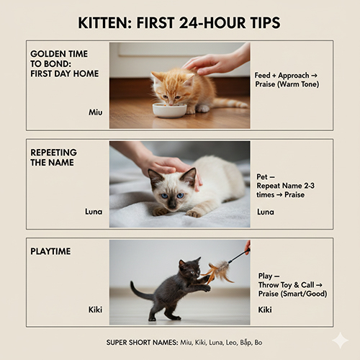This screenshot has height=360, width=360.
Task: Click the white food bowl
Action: [x=170, y=110]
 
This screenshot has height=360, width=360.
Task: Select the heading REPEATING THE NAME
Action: [x=53, y=158]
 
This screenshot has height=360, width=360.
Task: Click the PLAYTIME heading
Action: [x=50, y=251]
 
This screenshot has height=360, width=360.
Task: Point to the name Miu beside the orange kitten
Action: [x=96, y=112]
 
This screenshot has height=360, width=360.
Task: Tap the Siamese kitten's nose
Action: [x=172, y=205]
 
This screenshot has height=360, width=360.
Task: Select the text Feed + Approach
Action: [x=282, y=76]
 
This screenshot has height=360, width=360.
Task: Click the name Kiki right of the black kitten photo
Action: [x=265, y=310]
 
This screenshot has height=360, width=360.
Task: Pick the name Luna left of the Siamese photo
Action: [x=94, y=212]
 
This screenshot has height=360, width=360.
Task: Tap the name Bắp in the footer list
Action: [x=246, y=343]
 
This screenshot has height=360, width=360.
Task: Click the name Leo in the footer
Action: [x=231, y=343]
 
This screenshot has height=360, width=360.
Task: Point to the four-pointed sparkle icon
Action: [x=341, y=341]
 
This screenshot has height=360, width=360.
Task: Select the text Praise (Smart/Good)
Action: [x=292, y=294]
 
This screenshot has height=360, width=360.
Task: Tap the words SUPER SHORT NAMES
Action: [x=142, y=343]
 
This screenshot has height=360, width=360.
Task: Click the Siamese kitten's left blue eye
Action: [x=164, y=196]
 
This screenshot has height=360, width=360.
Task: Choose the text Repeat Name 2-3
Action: [x=285, y=186]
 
